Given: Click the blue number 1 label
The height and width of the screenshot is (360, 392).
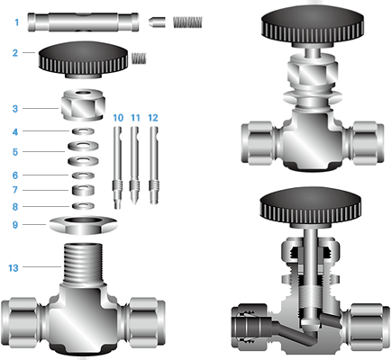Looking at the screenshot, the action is (x=17, y=22).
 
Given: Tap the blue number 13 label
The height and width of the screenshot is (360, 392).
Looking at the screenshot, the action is (x=14, y=268).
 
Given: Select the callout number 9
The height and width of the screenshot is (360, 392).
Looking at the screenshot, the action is (x=15, y=225).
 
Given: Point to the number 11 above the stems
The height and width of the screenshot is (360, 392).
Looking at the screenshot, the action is (x=135, y=118).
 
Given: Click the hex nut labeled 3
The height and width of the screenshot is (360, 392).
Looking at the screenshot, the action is (x=83, y=104).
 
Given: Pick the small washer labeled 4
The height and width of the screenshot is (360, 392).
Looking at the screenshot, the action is (x=83, y=131).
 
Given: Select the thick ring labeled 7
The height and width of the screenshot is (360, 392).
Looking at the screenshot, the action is (x=83, y=190).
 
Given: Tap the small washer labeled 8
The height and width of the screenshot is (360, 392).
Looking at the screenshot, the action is (x=83, y=206).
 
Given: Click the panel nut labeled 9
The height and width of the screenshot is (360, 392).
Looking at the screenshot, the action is (x=83, y=225).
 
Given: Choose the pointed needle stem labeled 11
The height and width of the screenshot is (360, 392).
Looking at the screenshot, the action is (x=134, y=166).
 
